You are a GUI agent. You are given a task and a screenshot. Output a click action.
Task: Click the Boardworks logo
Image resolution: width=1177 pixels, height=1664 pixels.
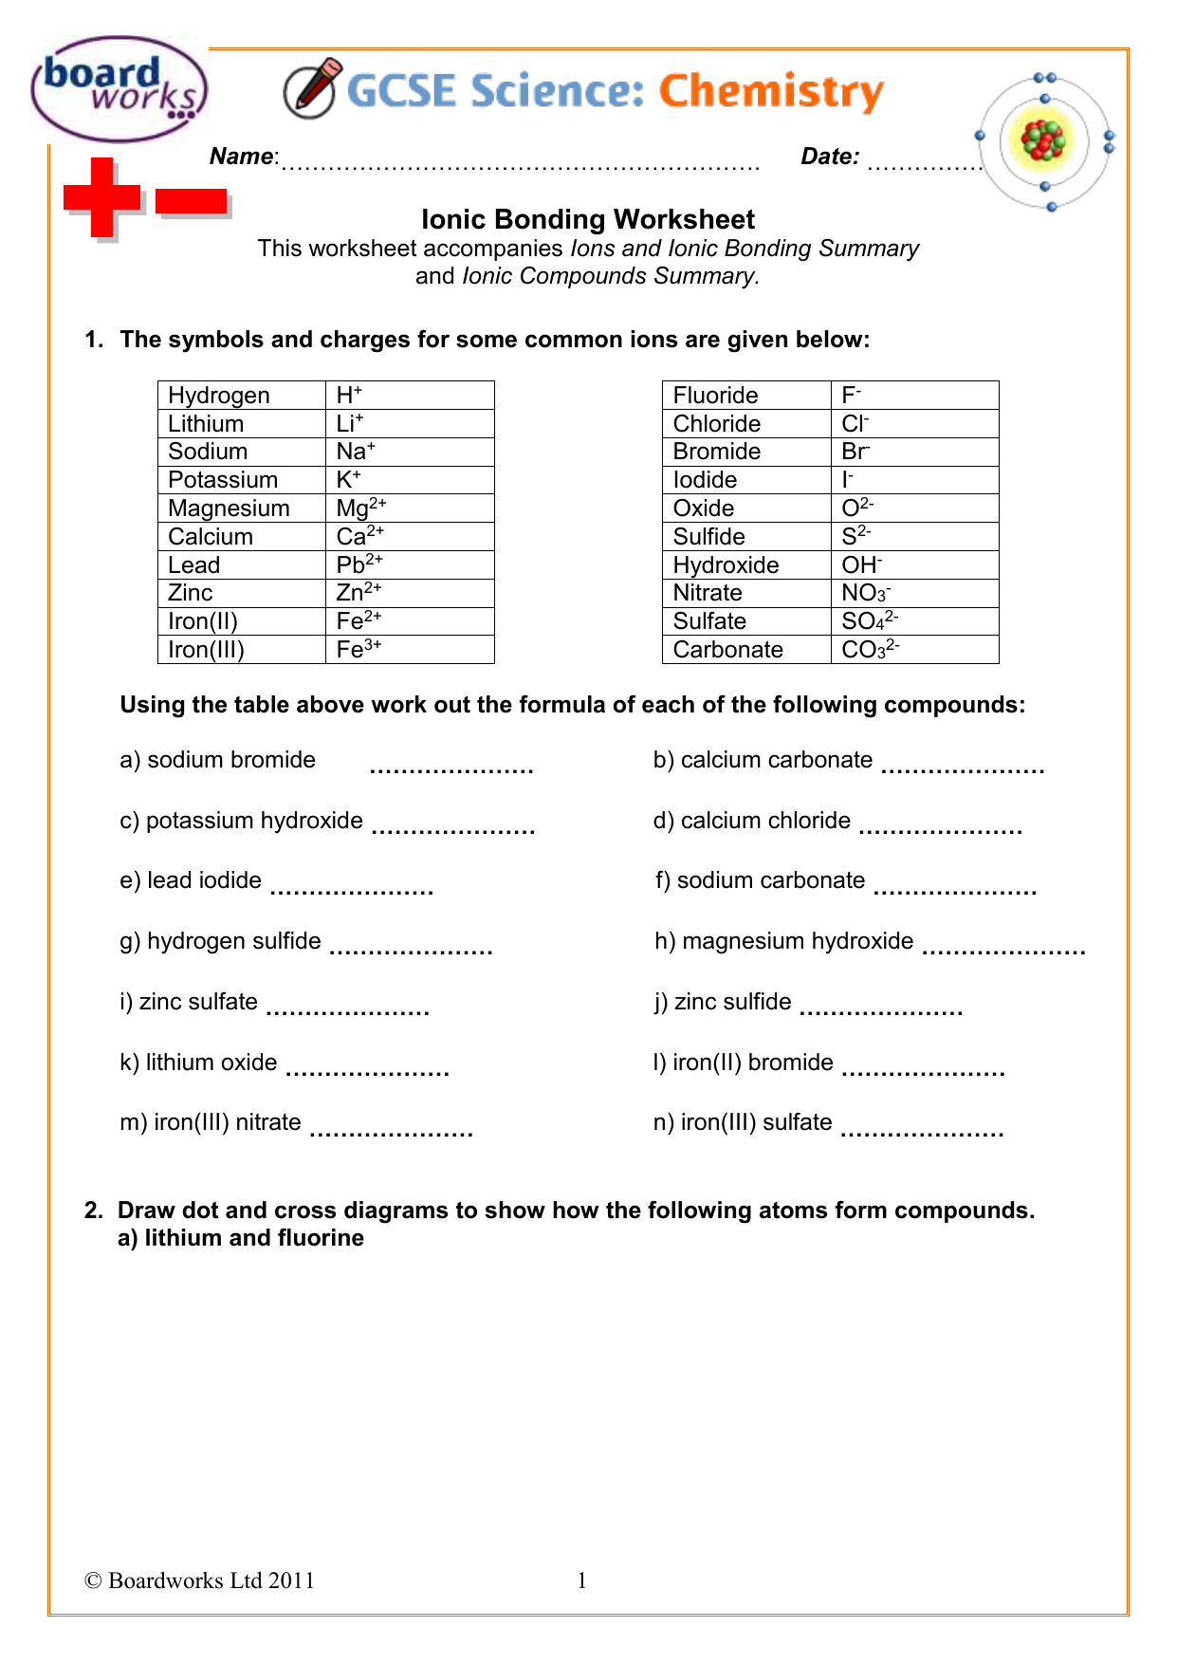click(x=118, y=89)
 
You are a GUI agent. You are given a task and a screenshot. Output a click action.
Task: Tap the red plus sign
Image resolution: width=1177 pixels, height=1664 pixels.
click(x=101, y=197)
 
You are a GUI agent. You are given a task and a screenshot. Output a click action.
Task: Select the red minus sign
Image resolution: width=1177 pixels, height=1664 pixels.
click(x=191, y=201)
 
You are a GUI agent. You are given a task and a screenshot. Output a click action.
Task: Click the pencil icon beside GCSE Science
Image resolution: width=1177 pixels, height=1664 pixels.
click(x=311, y=89)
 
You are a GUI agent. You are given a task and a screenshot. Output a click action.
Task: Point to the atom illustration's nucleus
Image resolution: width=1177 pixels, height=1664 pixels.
click(x=1043, y=141)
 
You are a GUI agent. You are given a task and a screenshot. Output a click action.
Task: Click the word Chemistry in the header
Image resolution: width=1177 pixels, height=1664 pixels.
click(x=771, y=92)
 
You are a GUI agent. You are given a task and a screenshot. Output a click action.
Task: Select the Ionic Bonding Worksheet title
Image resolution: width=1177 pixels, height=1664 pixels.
click(x=588, y=219)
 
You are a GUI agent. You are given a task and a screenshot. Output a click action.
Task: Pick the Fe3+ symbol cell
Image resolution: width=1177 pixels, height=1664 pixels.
click(x=409, y=650)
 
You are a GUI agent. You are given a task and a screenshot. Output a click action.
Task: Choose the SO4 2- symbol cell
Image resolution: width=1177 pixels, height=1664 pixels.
click(x=913, y=621)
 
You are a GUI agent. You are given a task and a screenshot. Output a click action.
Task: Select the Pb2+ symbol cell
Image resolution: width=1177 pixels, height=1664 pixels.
click(x=409, y=565)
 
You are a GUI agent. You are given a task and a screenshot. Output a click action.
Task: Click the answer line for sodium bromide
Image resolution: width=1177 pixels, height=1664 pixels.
click(x=451, y=767)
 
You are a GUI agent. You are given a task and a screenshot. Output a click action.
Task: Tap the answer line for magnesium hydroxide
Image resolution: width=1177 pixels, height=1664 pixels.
click(x=1003, y=949)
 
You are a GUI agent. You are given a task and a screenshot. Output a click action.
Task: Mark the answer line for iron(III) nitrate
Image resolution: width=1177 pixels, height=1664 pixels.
click(x=392, y=1130)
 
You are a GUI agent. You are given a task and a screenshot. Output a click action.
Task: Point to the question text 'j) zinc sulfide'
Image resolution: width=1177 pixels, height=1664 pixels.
click(x=723, y=1002)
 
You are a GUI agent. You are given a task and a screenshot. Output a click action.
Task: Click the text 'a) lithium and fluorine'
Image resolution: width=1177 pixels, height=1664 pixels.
click(x=241, y=1238)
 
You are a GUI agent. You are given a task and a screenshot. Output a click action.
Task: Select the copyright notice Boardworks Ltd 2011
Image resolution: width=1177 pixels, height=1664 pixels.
click(x=199, y=1581)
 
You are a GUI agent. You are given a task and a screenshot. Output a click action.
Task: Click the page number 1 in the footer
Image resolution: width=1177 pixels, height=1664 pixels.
click(x=582, y=1581)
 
